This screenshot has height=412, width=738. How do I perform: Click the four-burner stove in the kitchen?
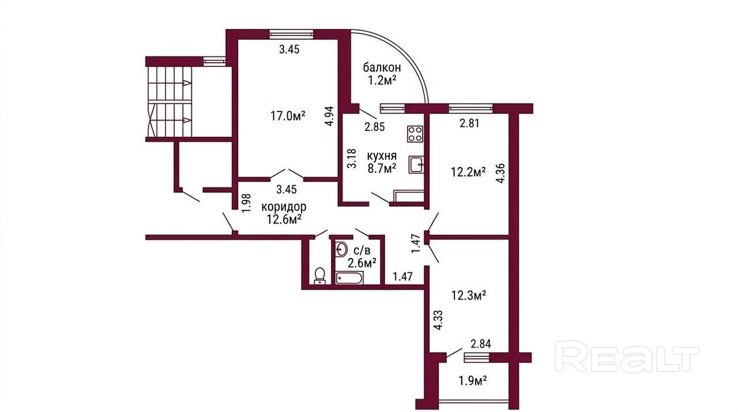[415, 134]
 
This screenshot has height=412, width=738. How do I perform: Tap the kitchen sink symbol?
[416, 164]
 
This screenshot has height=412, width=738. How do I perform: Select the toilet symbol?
[319, 276]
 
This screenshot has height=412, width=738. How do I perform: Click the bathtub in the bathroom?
[349, 278]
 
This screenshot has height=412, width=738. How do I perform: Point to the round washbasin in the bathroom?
[341, 249]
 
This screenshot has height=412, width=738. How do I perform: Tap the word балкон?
[382, 68]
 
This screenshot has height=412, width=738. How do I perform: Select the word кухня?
[382, 156]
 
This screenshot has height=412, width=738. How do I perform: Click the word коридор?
[284, 207]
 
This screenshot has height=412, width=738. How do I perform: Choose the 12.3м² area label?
[469, 295]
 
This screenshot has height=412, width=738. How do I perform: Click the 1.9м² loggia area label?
[473, 381]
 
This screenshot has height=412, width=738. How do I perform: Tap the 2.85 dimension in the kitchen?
[375, 127]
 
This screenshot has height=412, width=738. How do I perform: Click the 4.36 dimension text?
[501, 173]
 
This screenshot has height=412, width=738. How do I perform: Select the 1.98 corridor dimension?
[246, 203]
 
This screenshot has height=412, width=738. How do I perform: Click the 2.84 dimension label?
[481, 344]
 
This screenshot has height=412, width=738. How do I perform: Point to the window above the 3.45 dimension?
[291, 33]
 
